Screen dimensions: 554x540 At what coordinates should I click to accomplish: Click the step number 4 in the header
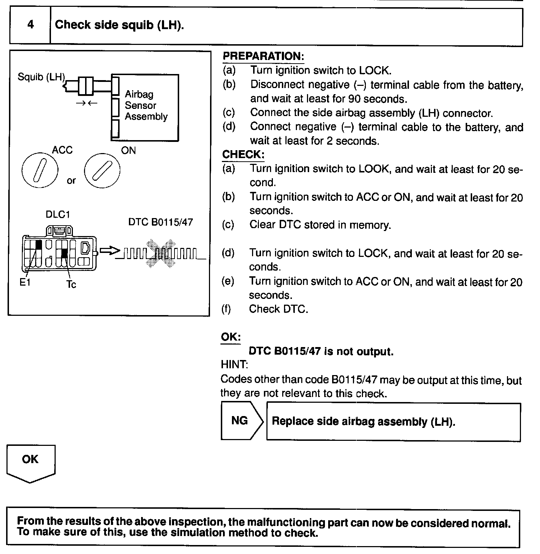31,24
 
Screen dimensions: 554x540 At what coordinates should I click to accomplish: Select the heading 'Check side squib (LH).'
119,25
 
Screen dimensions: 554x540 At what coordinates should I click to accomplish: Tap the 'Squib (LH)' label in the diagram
41,77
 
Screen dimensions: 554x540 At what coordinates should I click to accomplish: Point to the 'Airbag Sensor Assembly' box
145,107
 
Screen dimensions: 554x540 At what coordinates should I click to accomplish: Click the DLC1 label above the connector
58,214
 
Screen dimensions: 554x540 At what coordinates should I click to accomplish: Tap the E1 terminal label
25,282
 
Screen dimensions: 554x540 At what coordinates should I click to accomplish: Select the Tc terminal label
71,285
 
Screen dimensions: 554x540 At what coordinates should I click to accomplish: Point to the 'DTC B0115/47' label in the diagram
160,222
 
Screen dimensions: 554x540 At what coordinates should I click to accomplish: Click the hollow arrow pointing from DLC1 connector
109,250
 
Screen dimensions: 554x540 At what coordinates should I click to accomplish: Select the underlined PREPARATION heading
263,56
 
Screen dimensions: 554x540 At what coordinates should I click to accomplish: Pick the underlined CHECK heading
243,154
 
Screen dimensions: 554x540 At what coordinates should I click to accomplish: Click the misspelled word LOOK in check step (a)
374,169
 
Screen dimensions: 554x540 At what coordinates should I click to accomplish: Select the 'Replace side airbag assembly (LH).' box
393,421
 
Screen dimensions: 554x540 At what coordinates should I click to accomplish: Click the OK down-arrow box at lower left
31,462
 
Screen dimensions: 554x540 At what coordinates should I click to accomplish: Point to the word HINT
234,365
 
